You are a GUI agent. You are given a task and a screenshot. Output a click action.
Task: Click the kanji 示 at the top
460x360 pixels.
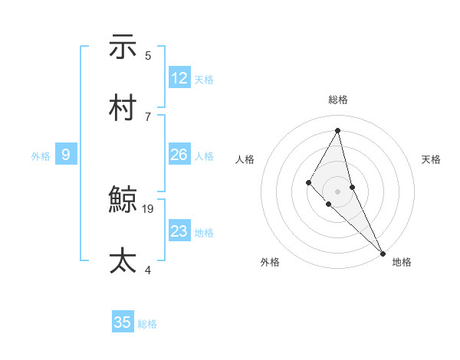point(123,47)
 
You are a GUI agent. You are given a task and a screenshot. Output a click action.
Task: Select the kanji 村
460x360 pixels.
point(123,108)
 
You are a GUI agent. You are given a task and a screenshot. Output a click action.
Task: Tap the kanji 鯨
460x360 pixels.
point(123,201)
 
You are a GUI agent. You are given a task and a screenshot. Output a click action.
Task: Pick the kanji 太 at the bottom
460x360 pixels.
point(123,260)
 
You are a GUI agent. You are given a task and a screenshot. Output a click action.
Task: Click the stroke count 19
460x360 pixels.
point(149,208)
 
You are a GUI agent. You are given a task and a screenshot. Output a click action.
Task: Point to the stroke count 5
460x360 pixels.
point(148,55)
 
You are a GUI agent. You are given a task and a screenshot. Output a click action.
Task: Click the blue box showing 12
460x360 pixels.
point(179,78)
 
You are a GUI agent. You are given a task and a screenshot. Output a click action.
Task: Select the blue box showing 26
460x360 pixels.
point(179,155)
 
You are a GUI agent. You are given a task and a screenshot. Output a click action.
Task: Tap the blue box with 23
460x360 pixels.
point(179,231)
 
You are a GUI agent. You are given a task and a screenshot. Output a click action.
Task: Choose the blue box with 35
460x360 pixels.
point(123,322)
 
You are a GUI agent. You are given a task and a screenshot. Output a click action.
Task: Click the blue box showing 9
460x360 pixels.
point(66,155)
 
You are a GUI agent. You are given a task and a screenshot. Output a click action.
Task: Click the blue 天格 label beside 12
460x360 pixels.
point(204,79)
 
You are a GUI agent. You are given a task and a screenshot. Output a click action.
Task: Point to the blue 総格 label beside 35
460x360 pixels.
point(147,323)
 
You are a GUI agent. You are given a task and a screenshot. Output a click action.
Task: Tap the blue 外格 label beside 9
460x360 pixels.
point(41,155)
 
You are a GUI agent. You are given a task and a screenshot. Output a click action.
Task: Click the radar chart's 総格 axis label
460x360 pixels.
point(338,100)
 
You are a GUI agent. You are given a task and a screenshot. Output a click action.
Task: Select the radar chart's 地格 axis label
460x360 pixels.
point(402,262)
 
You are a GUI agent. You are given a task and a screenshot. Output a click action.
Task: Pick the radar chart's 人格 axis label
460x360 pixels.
point(245,159)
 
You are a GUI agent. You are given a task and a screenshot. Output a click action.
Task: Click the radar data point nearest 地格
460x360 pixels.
point(383,252)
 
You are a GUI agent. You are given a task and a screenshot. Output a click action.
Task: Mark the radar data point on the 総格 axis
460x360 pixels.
point(338,130)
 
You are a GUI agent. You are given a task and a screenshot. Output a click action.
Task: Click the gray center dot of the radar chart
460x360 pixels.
point(338,191)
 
